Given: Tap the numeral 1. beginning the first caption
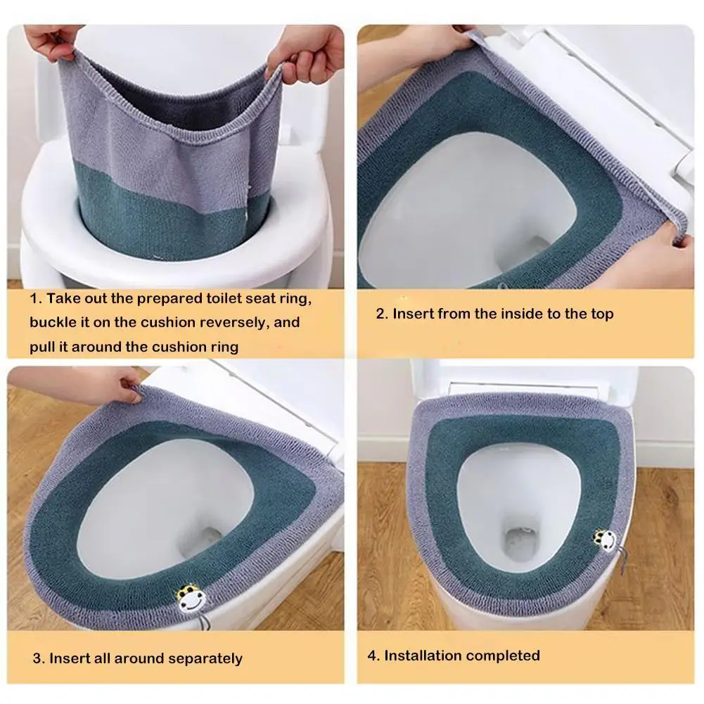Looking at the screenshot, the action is click(36, 298).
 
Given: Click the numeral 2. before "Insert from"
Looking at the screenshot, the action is click(382, 314).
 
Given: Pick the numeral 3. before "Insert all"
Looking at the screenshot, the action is click(39, 658).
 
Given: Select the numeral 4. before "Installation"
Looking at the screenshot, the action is click(373, 655).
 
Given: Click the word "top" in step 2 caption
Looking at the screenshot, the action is click(602, 314).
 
